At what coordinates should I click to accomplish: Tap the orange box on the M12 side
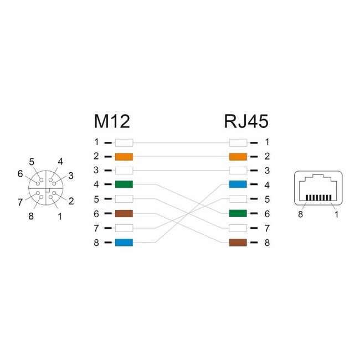(124, 156)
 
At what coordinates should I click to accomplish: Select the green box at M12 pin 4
(124, 184)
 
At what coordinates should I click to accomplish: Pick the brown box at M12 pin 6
(124, 213)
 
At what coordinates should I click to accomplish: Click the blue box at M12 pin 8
(124, 242)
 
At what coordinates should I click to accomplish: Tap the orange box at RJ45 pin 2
(238, 156)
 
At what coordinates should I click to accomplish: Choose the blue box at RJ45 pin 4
(238, 184)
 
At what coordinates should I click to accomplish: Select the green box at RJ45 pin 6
(238, 213)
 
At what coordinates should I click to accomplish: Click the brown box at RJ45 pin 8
(238, 242)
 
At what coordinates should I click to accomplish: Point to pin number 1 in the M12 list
(96, 142)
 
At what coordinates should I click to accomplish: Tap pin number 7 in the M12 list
(96, 228)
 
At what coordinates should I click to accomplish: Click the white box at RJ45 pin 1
(238, 142)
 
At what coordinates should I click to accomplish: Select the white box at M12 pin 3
(124, 171)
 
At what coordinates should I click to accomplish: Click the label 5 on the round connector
(32, 162)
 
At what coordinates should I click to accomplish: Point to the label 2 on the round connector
(71, 202)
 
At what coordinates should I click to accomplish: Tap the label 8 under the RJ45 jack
(301, 215)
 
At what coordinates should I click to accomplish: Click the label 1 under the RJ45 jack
(336, 215)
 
